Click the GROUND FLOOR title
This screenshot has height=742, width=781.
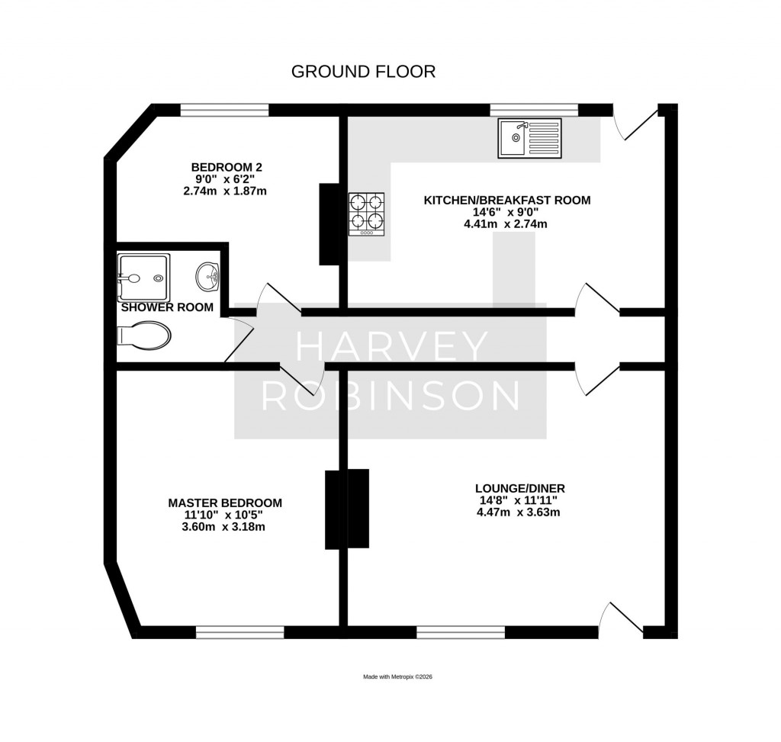tap(363, 72)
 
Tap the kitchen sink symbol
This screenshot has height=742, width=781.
tap(529, 138)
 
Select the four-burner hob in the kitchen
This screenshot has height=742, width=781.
tap(366, 214)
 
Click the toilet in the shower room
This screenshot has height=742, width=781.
tap(144, 335)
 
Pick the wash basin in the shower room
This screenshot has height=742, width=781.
tap(207, 276)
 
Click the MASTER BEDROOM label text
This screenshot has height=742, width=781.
tap(225, 503)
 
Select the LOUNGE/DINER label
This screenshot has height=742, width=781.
tap(519, 488)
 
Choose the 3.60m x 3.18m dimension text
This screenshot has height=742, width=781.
tap(224, 528)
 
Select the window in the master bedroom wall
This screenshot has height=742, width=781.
tap(239, 632)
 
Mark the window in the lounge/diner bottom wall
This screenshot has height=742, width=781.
tap(460, 632)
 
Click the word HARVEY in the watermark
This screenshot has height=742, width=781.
tap(391, 348)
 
